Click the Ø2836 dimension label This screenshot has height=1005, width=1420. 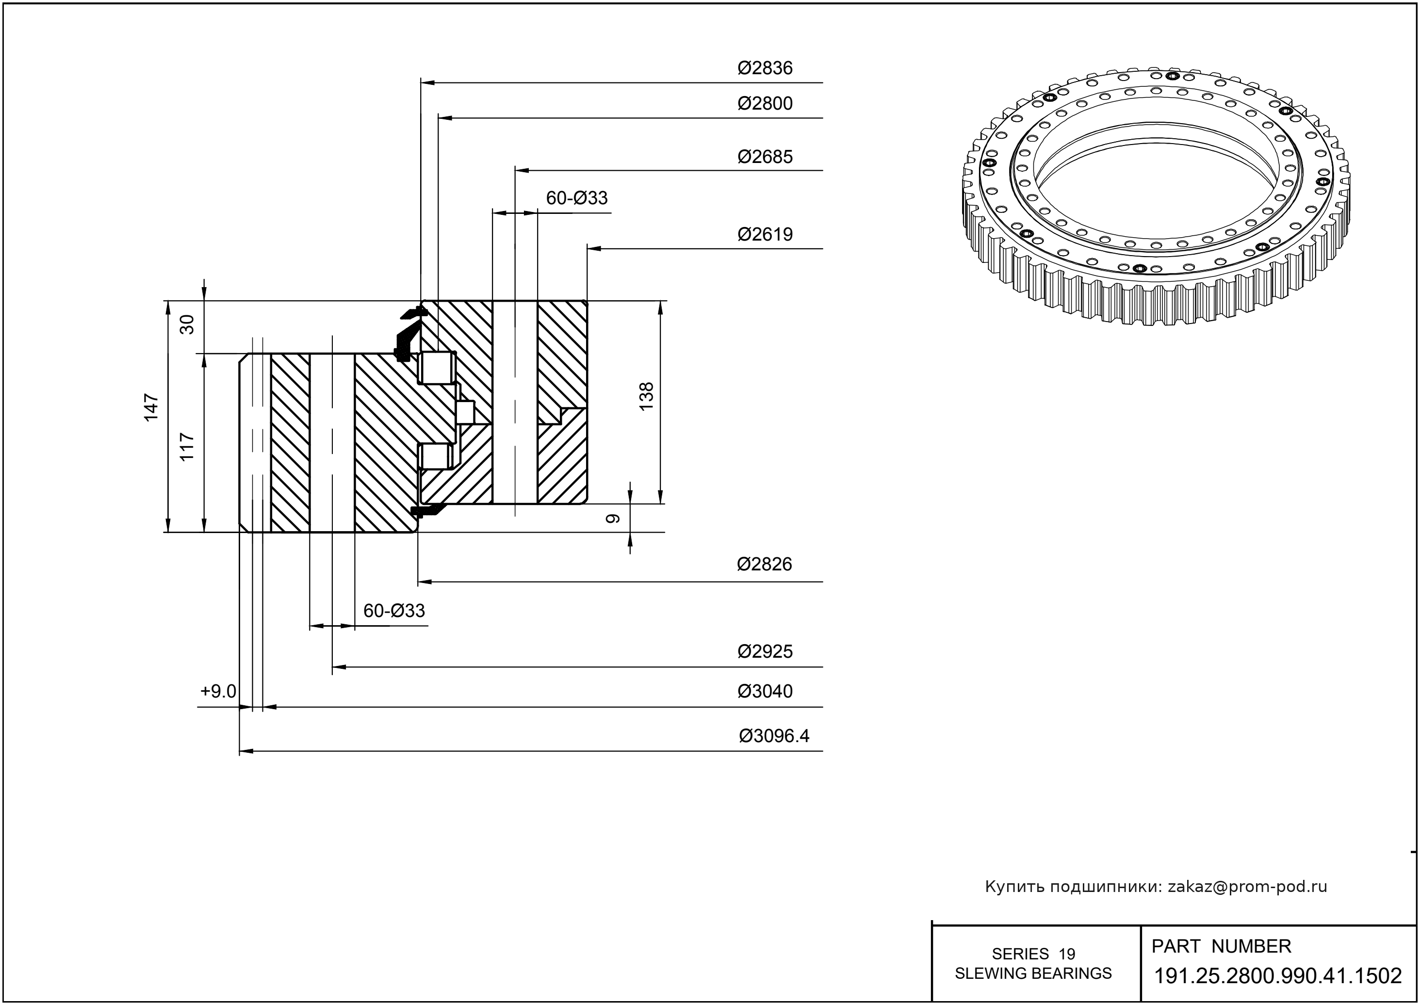pyautogui.click(x=765, y=68)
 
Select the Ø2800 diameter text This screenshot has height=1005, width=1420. pyautogui.click(x=765, y=103)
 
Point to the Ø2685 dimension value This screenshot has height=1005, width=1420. pyautogui.click(x=765, y=157)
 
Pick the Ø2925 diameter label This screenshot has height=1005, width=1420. pyautogui.click(x=765, y=651)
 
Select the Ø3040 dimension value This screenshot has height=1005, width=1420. pyautogui.click(x=765, y=691)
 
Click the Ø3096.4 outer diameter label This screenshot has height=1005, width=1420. pyautogui.click(x=774, y=736)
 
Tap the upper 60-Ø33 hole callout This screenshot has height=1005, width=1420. pyautogui.click(x=576, y=198)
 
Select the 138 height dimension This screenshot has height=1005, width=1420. pyautogui.click(x=646, y=397)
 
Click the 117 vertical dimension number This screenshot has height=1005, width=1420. pyautogui.click(x=187, y=446)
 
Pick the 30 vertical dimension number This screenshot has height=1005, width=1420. pyautogui.click(x=187, y=324)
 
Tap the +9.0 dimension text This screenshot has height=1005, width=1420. pyautogui.click(x=218, y=691)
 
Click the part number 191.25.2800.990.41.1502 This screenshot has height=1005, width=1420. pyautogui.click(x=1278, y=976)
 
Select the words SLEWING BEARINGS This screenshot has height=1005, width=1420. pyautogui.click(x=1033, y=973)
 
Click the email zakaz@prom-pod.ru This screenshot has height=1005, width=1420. pyautogui.click(x=1247, y=887)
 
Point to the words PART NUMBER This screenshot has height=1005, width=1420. pyautogui.click(x=1221, y=946)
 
